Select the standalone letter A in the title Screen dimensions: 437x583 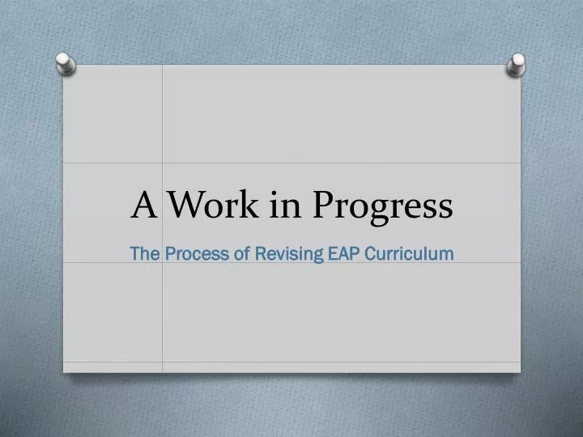143,206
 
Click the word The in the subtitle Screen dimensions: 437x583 145,253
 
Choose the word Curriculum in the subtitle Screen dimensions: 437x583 409,253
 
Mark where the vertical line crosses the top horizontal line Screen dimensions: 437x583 163,163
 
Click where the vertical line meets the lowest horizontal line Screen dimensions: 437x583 163,362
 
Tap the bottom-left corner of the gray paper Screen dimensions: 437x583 64,372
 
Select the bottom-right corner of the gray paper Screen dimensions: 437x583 520,372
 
